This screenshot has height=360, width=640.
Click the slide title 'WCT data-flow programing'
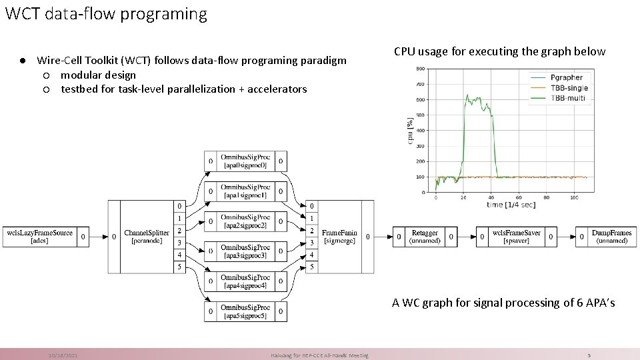105,13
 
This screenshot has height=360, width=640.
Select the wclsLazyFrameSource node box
39,236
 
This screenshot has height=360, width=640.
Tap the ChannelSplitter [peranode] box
147,236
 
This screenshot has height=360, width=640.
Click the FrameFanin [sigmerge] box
339,236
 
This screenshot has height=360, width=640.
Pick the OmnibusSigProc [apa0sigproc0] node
245,161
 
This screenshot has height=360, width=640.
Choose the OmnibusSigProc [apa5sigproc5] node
245,311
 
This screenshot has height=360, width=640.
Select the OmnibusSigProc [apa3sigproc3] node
245,251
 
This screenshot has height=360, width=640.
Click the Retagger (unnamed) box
425,236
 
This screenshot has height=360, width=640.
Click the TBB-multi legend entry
566,97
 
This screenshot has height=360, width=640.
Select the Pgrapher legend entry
567,77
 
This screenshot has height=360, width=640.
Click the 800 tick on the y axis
421,69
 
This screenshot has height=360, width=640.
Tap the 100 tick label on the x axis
574,198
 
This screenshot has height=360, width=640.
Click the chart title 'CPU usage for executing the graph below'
499,51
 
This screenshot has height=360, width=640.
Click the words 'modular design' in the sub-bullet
98,75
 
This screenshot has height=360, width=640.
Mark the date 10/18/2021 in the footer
63,355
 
